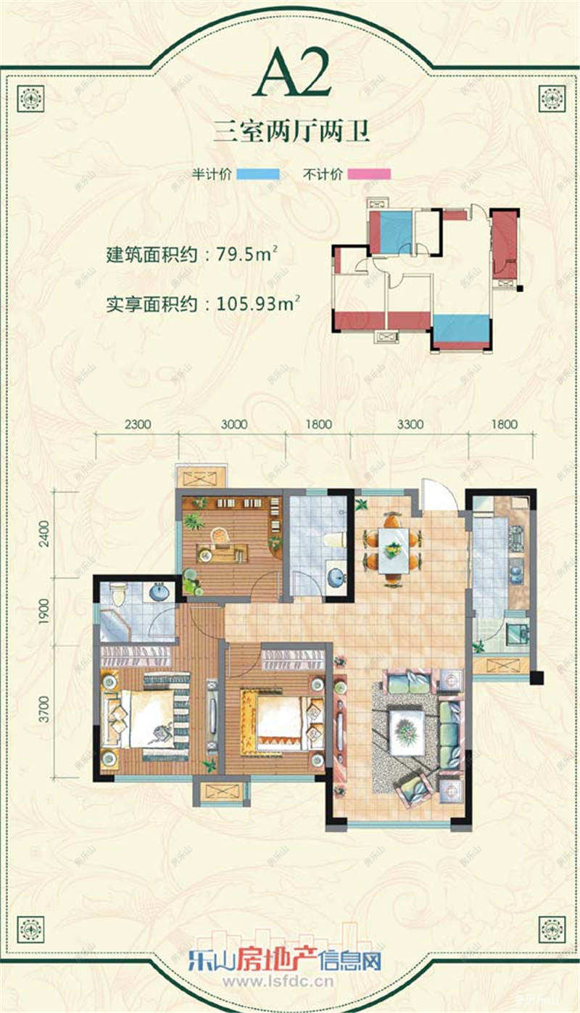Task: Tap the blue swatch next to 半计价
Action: (259, 174)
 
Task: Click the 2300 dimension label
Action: (137, 424)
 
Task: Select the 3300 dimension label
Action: (410, 424)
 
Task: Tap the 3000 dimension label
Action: (234, 424)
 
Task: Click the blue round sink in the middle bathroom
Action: (336, 578)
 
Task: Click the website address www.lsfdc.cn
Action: (278, 982)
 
